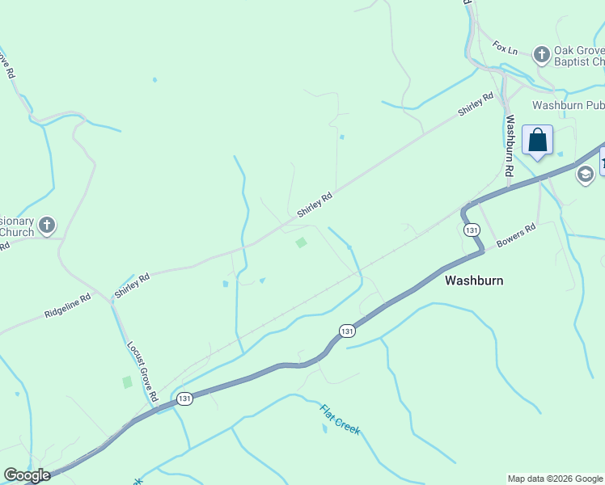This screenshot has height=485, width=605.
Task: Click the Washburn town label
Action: tap(474, 280)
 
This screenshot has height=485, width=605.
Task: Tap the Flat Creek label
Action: tap(340, 420)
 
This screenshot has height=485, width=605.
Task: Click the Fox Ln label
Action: tap(505, 48)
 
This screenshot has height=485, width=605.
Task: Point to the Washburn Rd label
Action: tap(510, 146)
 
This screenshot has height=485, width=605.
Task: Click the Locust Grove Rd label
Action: tap(141, 371)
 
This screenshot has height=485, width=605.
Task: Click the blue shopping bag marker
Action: tap(538, 141)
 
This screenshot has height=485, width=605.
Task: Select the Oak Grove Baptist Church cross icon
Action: tap(542, 55)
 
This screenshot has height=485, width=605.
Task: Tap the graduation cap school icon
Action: tap(585, 175)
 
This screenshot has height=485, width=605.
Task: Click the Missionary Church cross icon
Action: tap(48, 226)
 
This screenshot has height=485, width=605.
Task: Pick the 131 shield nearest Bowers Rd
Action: tap(472, 230)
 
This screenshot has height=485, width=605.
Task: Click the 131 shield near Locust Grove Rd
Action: tap(185, 399)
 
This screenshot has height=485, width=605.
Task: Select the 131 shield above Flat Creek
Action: tap(347, 331)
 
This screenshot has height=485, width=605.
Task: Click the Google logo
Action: tap(27, 475)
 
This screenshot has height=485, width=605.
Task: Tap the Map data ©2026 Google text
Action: tap(555, 479)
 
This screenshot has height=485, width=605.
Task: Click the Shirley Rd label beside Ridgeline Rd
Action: tap(132, 286)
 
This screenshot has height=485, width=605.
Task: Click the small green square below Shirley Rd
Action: tap(301, 242)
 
